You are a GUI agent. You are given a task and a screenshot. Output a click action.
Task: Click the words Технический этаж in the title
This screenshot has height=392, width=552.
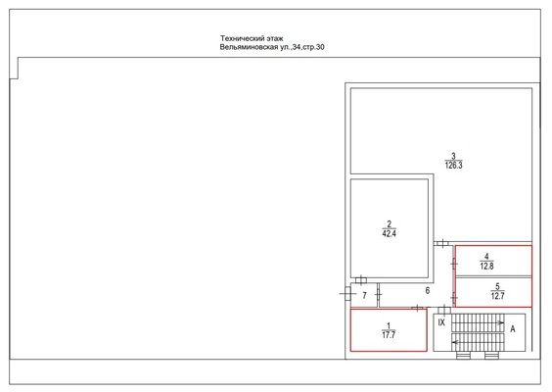pos(252,38)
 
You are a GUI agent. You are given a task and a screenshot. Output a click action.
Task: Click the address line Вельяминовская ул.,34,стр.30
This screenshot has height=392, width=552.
pos(272,47)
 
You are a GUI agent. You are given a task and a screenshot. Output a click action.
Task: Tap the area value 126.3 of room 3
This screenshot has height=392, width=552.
pos(453,166)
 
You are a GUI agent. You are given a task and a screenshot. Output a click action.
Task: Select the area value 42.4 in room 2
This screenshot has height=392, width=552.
pos(389,233)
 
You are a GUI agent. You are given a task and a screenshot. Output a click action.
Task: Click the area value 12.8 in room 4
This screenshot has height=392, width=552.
pos(486,267)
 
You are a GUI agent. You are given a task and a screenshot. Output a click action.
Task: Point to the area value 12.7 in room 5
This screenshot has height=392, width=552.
pos(497,296)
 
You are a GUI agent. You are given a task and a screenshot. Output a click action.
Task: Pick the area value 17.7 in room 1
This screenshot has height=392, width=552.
pos(389,335)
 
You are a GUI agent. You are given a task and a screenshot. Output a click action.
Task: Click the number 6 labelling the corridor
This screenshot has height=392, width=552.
pos(428,290)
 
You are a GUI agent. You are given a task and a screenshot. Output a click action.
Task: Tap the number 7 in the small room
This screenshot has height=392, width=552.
pos(365,295)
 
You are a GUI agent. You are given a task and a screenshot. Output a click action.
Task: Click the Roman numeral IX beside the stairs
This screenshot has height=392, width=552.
pos(441,322)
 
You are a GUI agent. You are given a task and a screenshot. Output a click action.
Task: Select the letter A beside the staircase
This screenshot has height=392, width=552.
pos(513,329)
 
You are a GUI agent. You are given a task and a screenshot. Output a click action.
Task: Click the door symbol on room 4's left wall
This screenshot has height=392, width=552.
pos(454,263)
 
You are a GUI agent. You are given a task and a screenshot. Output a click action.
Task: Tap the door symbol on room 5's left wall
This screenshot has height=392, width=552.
pos(454,298)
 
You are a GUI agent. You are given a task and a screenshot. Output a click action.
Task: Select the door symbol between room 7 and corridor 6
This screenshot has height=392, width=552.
pos(378,294)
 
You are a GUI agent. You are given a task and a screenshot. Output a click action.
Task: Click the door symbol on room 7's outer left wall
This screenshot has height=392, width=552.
pos(347,293)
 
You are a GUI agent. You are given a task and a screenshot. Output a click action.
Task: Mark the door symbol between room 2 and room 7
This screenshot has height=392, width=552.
pos(361,280)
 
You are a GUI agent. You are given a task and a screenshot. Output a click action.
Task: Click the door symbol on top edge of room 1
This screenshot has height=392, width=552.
pos(417,308)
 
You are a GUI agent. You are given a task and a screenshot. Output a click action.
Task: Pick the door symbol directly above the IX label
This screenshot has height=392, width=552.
pos(444,311)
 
